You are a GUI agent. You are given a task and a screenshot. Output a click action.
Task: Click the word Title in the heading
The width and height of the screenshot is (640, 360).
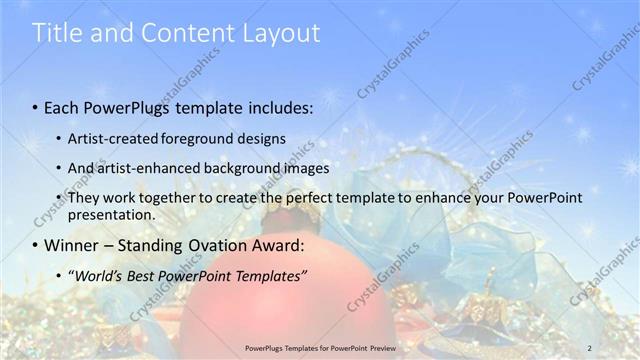(58, 33)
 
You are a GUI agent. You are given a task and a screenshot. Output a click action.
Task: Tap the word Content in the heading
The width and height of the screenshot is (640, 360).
(180, 33)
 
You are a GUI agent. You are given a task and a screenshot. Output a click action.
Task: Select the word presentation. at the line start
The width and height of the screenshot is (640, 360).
(112, 214)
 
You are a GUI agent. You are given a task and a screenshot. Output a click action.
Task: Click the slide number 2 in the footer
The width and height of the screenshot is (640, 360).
(589, 348)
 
